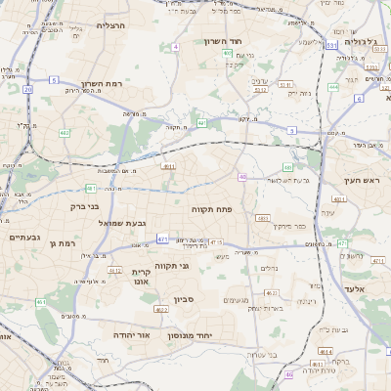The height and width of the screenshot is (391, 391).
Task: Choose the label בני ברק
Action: pos(87,206)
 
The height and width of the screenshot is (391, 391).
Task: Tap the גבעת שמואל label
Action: pos(123,223)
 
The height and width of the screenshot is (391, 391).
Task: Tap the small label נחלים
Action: pos(271,268)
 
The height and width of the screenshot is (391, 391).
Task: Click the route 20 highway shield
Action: pos(27,89)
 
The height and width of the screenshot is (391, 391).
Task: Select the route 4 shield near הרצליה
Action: pos(175,46)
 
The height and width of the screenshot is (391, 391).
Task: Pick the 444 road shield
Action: pos(333,86)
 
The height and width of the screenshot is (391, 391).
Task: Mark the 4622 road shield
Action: pos(273,292)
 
